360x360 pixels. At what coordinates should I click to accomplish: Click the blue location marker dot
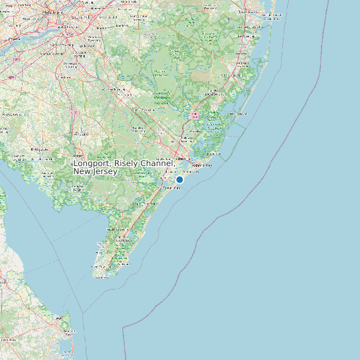click(179, 179)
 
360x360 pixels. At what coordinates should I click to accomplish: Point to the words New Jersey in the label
click(95, 171)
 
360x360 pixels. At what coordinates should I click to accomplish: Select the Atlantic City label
click(201, 165)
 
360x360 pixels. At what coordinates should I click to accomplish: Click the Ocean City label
click(171, 188)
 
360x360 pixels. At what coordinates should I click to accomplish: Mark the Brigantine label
click(213, 155)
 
